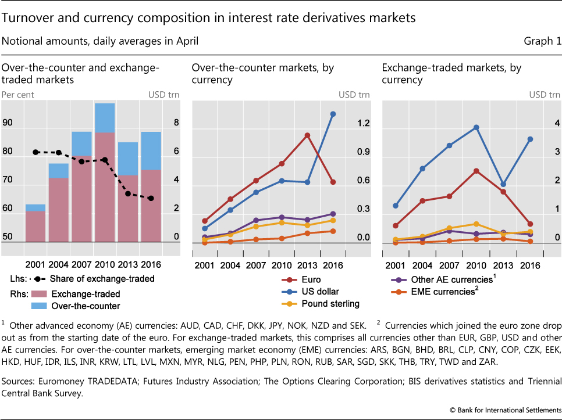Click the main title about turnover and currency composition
pos(209,18)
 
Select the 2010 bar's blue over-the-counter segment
pos(104,117)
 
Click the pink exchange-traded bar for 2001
pos(35,226)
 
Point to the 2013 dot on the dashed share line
pos(127,193)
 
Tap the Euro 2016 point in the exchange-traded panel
pos(530,224)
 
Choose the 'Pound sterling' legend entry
pos(330,303)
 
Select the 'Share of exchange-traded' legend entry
pos(102,278)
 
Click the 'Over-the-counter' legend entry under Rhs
pos(86,306)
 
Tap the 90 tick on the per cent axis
pos(8,123)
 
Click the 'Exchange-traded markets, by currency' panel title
pos(451,74)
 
